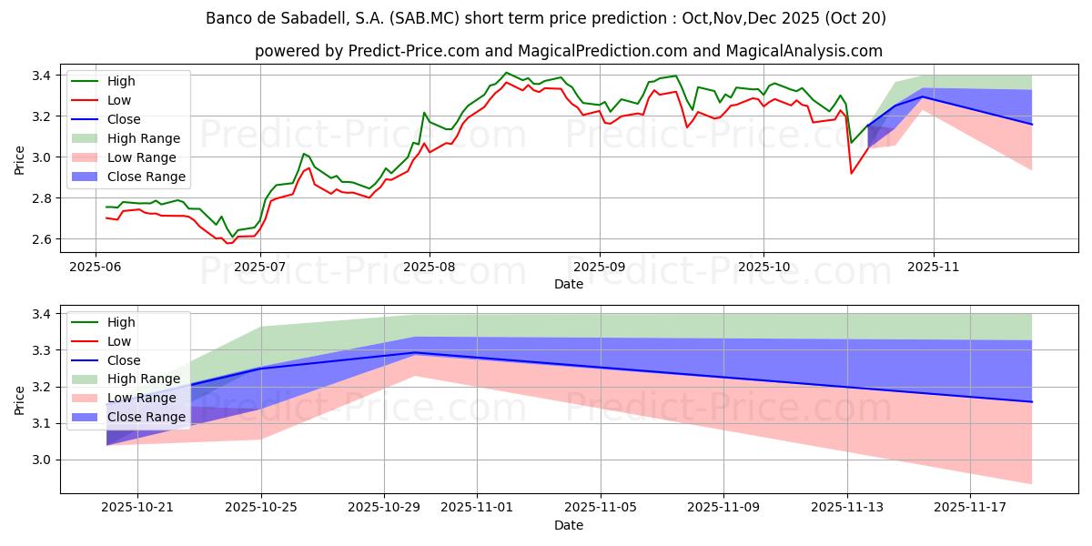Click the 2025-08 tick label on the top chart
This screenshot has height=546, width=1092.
coord(430,268)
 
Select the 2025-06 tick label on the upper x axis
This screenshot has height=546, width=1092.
coord(96,268)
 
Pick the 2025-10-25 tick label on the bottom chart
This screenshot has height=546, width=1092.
coord(261,507)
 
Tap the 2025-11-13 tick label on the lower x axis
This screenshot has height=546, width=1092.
coord(847,507)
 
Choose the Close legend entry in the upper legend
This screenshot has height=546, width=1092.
coord(124,119)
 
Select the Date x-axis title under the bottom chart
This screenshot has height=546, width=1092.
coord(569,525)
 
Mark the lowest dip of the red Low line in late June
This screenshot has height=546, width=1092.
coord(227,243)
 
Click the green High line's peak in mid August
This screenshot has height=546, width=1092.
coord(507,73)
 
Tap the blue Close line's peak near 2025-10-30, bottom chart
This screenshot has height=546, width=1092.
coord(415,352)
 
